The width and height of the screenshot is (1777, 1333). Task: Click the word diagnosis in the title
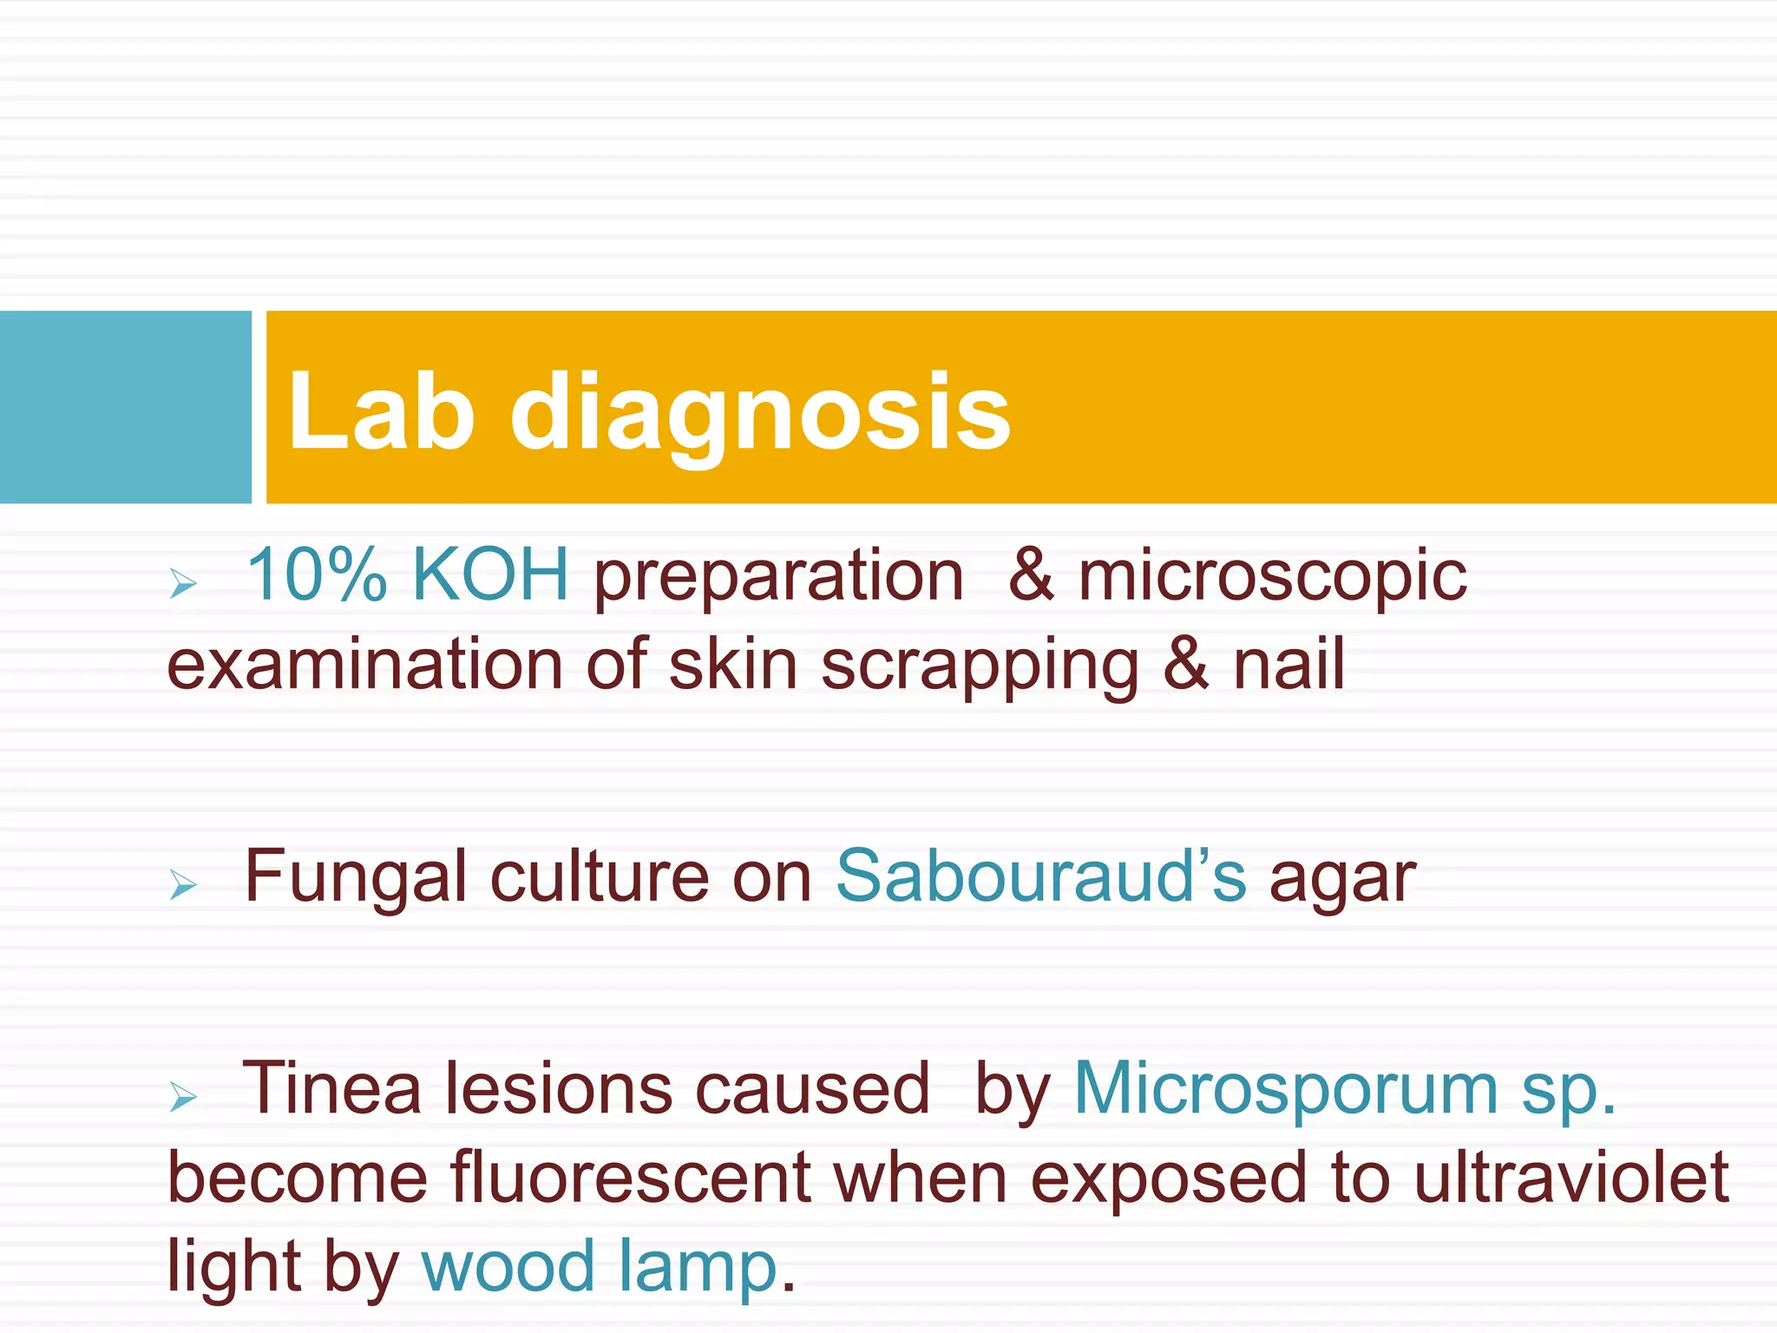[760, 412]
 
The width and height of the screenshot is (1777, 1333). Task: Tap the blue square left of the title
[125, 407]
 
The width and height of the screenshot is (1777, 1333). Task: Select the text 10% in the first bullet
[317, 575]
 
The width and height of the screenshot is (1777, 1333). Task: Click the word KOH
[490, 575]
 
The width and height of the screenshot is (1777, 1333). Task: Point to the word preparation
[778, 577]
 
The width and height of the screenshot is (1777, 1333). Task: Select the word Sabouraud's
[1040, 877]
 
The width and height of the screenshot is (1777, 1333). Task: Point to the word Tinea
[331, 1088]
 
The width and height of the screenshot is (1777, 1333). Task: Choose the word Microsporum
[1286, 1090]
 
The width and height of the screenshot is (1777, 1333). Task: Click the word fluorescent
[631, 1179]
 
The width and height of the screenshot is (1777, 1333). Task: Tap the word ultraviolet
[1571, 1179]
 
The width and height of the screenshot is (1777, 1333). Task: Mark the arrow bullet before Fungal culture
[183, 884]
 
